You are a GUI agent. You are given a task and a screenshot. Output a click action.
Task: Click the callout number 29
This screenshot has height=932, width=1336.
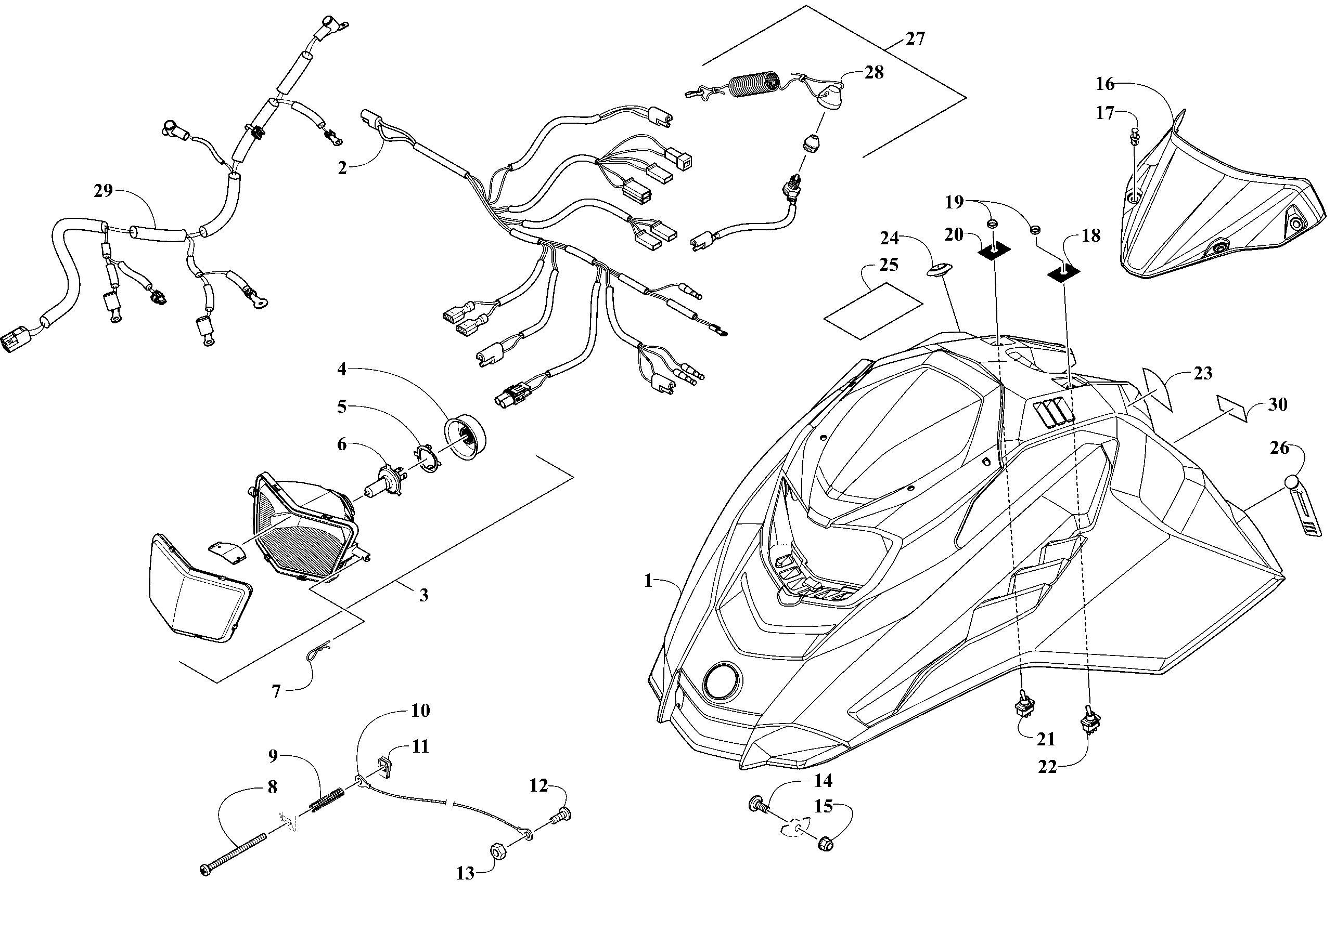(x=103, y=191)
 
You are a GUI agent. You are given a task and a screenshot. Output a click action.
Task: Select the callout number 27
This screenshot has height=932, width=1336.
(x=915, y=39)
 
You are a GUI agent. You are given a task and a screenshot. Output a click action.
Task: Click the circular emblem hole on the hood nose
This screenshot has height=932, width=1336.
(x=723, y=681)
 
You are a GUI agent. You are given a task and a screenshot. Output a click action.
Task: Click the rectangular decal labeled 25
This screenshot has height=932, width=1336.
(x=873, y=310)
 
